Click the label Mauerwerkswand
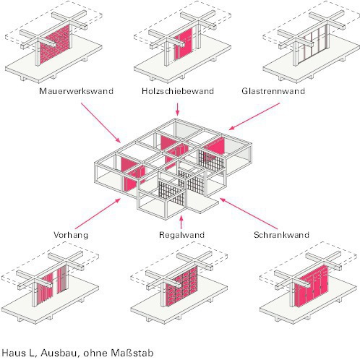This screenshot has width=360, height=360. (x=76, y=91)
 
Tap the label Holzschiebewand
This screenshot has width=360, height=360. (x=178, y=91)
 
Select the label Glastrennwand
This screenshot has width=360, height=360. (x=273, y=91)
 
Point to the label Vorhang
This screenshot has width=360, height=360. (x=71, y=235)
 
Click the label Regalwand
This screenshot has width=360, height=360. (x=181, y=235)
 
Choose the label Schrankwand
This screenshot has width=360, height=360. (x=281, y=235)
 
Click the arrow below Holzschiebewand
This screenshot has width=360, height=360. (x=178, y=110)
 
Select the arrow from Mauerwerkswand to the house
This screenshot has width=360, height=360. (x=100, y=123)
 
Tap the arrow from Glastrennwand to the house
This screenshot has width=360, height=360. (x=254, y=116)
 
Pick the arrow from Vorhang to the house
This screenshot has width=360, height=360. (x=98, y=213)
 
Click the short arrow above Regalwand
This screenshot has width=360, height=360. (x=181, y=222)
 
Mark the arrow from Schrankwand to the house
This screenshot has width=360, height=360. (x=249, y=213)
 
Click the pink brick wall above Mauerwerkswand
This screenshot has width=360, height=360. (x=55, y=44)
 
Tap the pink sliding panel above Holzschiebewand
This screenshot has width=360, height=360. (x=183, y=44)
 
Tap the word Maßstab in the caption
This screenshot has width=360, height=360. (x=132, y=353)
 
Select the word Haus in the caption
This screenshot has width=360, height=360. (x=14, y=353)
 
